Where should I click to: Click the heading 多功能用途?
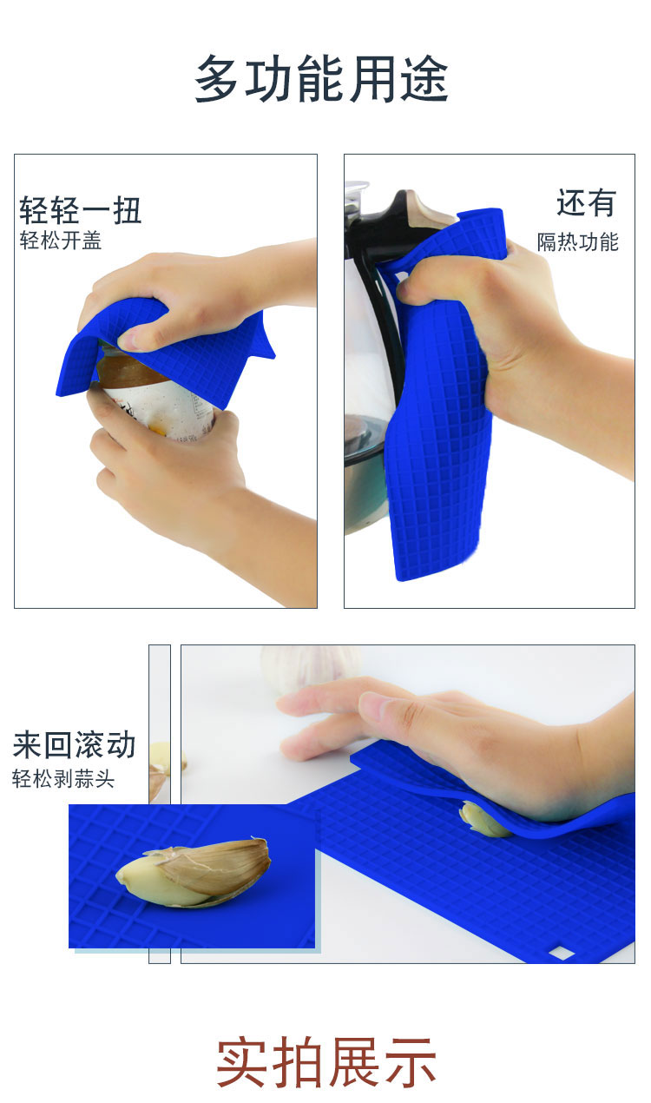[322, 79]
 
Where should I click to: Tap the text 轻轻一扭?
[81, 210]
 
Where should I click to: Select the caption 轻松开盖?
[61, 241]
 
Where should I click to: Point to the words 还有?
[586, 202]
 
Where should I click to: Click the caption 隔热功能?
[578, 241]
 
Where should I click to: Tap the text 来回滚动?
[74, 744]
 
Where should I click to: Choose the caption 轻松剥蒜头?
[63, 778]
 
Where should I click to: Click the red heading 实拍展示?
[325, 1062]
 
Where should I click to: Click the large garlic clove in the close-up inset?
[194, 872]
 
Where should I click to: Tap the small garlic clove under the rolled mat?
[483, 820]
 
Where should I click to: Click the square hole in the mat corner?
[561, 954]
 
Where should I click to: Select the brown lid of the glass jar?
[128, 367]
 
